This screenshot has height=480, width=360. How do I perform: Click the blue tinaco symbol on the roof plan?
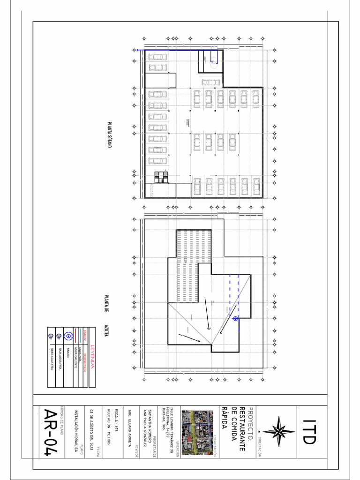(235, 319)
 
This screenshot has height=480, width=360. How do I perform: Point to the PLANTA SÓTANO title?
(109, 135)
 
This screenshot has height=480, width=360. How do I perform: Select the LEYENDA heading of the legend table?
(92, 357)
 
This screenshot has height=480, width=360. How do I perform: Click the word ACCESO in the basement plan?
(152, 190)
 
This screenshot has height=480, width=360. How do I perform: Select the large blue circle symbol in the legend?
(67, 335)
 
